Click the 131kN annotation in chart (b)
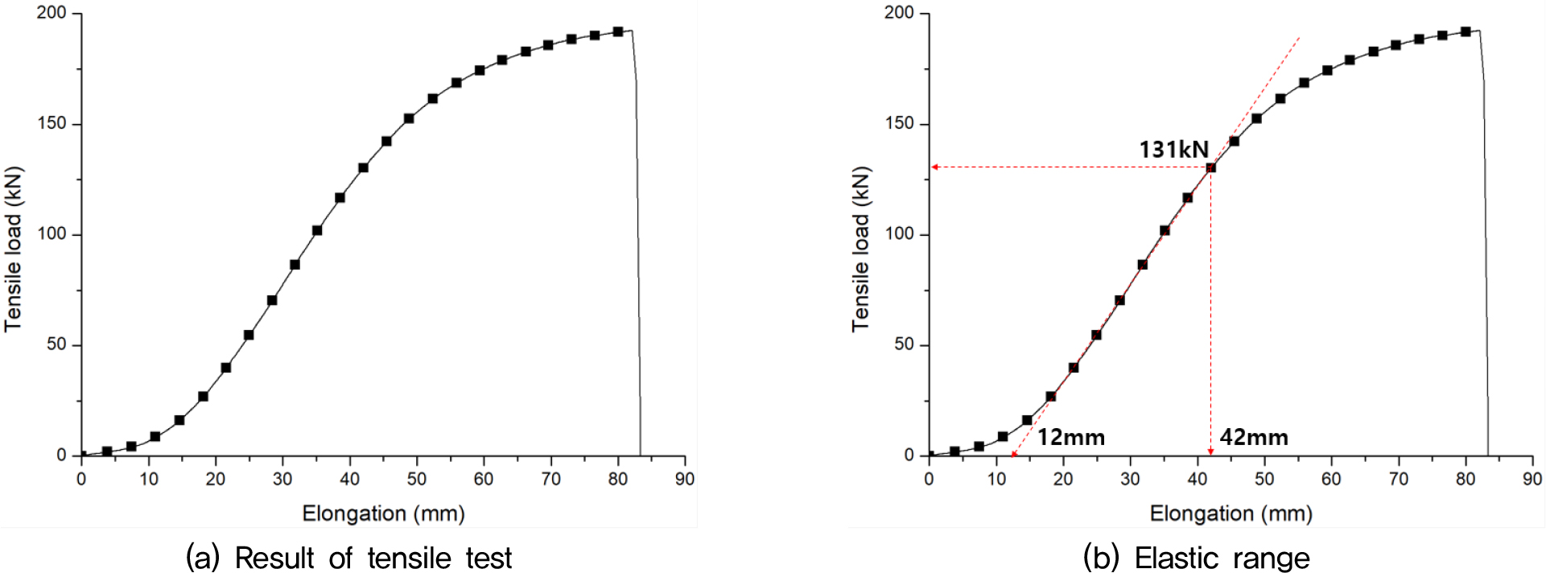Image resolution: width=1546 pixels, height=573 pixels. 1173,150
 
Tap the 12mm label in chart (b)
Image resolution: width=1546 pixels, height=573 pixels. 1070,438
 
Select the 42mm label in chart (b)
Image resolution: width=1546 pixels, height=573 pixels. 1254,438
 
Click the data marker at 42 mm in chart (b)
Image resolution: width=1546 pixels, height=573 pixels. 1210,167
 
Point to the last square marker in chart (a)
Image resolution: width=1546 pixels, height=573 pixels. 618,32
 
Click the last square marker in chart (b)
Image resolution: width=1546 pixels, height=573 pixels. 1466,32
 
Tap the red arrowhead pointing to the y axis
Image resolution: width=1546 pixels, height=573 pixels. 935,167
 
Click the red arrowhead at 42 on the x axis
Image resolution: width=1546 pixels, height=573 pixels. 1210,451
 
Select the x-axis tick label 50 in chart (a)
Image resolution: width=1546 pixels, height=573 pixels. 416,479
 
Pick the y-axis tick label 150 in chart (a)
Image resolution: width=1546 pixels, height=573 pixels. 52,123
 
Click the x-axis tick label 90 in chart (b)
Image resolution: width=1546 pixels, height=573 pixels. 1532,479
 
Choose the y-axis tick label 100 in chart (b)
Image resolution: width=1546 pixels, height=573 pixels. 899,234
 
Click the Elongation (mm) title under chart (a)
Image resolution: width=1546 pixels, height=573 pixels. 383,513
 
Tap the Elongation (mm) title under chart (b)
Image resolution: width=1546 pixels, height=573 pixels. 1231,513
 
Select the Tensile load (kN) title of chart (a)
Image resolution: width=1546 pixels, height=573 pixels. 14,249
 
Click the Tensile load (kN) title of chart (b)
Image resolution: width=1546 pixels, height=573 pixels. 861,249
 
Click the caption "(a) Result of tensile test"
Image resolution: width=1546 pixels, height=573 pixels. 348,558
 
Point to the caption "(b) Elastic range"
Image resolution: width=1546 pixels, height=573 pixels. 1196,558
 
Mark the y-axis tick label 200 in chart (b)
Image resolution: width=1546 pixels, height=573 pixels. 899,13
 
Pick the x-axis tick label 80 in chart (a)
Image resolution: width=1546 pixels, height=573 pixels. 617,479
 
